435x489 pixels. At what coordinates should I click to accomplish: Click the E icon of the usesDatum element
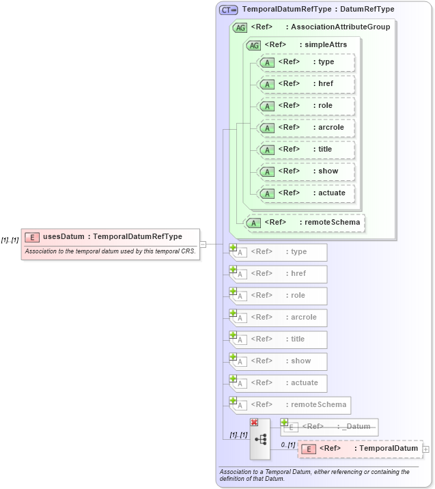click(31, 237)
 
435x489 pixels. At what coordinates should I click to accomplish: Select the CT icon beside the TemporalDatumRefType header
click(228, 10)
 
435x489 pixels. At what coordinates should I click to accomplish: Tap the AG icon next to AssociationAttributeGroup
click(240, 27)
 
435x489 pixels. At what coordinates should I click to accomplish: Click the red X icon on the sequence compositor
click(254, 423)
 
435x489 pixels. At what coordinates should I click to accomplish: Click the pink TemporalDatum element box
click(361, 449)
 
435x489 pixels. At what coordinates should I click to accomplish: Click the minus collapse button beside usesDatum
click(203, 244)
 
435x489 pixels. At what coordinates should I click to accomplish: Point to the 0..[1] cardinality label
click(288, 445)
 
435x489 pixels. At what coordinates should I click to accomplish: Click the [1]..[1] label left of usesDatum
click(10, 240)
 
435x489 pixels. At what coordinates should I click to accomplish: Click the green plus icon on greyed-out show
click(234, 357)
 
